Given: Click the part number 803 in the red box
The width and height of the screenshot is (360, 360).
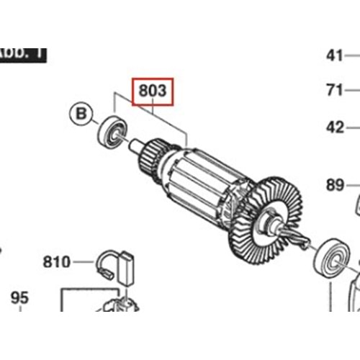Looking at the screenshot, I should tap(152, 91).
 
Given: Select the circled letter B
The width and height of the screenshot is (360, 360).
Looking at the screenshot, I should tap(81, 113).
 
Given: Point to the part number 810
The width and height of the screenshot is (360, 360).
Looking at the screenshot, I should tap(56, 261).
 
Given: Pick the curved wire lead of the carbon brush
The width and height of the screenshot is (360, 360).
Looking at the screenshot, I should tap(104, 262).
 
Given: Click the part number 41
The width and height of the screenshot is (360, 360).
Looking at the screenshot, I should tap(334, 55).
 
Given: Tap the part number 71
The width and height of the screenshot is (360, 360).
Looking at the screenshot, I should tap(334, 91).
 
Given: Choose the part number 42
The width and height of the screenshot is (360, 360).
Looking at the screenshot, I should tap(334, 127).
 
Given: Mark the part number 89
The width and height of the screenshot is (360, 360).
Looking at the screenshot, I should tap(334, 185).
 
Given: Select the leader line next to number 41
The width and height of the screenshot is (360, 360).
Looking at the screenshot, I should tap(352, 55).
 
